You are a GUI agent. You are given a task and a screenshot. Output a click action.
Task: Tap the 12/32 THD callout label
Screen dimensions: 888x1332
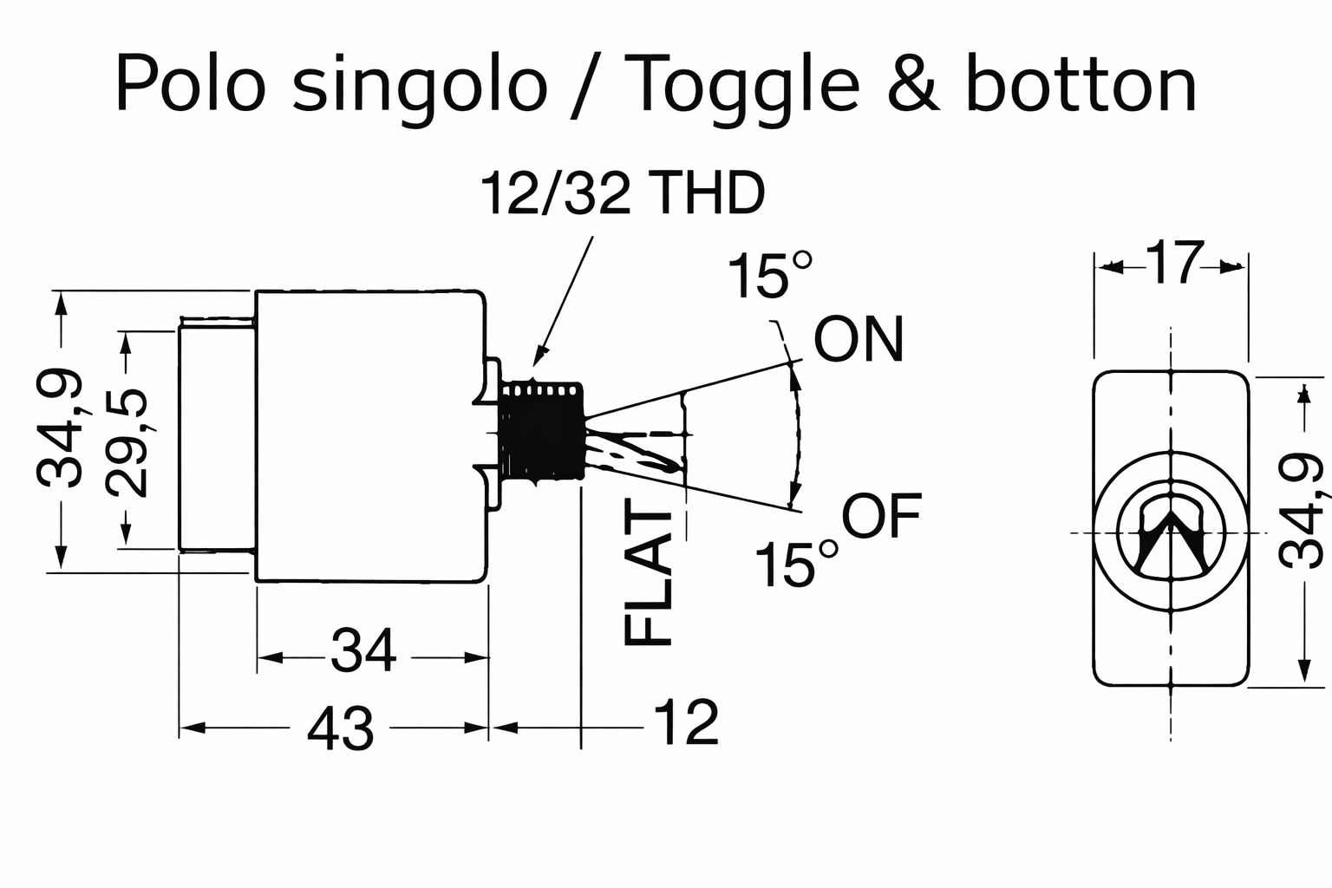point(623,194)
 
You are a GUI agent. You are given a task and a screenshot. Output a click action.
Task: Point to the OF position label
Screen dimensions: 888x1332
point(881,517)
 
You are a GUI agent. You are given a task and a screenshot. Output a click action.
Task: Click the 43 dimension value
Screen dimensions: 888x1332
point(341,728)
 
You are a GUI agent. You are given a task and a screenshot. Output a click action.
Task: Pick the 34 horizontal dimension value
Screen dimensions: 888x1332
point(363,651)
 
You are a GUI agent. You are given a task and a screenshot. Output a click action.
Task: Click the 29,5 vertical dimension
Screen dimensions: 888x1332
point(127,443)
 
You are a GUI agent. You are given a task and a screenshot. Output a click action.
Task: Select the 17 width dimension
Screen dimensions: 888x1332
point(1175,264)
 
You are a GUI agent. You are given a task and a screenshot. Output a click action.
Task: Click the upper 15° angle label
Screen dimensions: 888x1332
point(770,275)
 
